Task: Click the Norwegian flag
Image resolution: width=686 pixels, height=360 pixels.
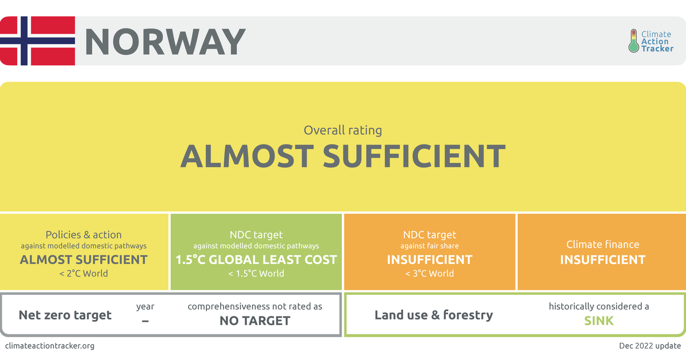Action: [38, 41]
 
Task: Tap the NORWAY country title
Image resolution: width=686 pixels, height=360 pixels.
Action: [165, 41]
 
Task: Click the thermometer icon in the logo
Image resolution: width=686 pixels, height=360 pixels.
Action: [633, 41]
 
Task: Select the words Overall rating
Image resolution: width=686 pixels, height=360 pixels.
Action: [342, 130]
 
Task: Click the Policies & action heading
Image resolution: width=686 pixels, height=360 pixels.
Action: [83, 235]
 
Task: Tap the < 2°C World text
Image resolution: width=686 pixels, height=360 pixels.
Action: [83, 273]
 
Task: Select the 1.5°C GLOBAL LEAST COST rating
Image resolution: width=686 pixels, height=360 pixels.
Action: [256, 259]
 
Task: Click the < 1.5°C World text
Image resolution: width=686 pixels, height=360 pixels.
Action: [256, 273]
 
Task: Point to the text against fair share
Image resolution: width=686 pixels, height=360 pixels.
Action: [429, 246]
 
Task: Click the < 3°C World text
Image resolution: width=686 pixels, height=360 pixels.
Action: [429, 273]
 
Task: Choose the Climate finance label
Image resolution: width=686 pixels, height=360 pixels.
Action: [603, 245]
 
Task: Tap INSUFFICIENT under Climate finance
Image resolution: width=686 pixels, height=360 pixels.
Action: [603, 260]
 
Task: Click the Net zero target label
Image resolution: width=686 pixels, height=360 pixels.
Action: [65, 315]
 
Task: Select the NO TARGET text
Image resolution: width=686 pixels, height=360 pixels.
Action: [255, 321]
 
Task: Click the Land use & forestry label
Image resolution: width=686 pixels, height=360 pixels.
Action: [433, 315]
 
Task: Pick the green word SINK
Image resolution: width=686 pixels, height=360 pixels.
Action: [599, 321]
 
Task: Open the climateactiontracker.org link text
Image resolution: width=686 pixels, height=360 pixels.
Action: [50, 346]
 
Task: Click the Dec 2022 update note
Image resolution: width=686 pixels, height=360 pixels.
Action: [650, 346]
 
